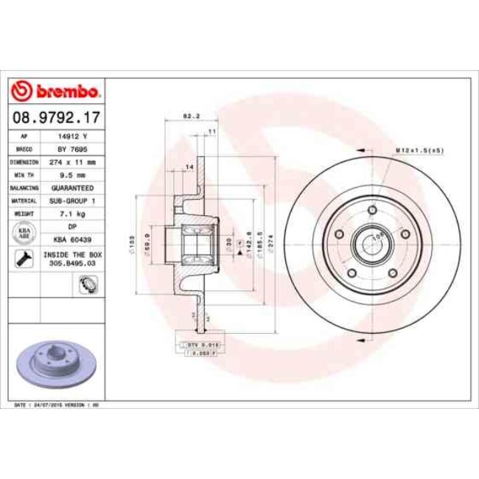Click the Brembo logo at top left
coord(57,92)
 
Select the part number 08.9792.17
coord(57,116)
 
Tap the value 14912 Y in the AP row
coord(72,137)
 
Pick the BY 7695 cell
coord(72,149)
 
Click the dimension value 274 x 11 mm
coord(72,161)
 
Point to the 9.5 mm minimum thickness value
coord(72,175)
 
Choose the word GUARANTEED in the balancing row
coord(72,187)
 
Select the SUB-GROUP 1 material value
coord(72,200)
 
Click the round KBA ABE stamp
coord(23,233)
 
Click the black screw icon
coord(23,258)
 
